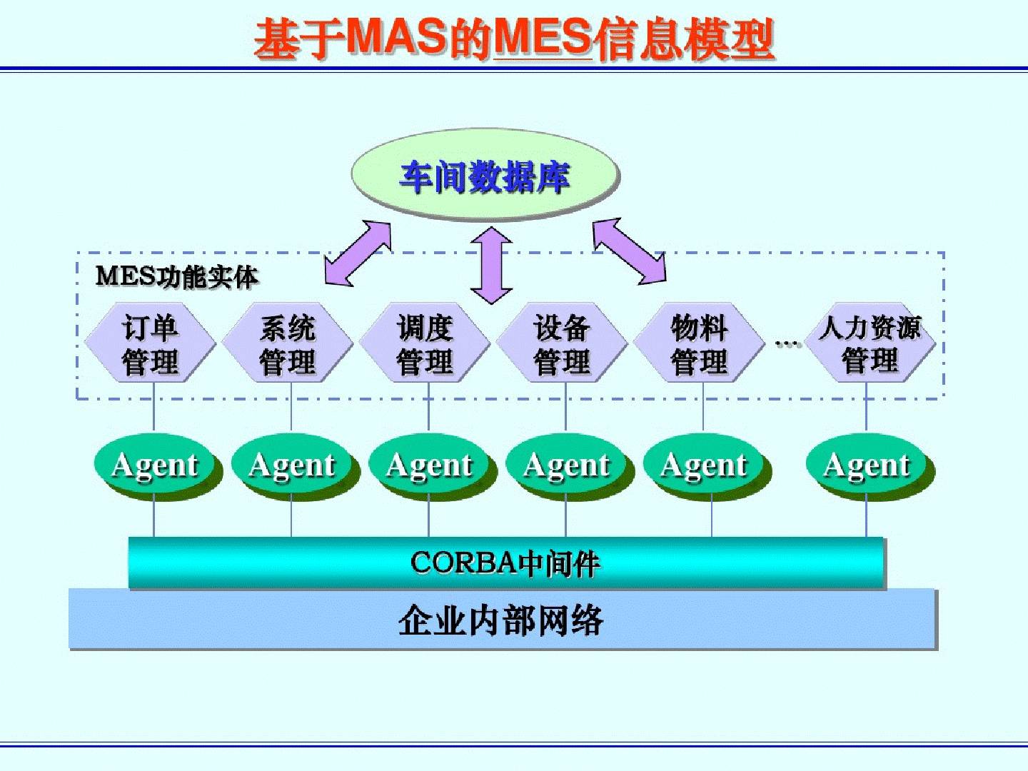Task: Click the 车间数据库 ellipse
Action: (485, 176)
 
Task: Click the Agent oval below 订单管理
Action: (155, 465)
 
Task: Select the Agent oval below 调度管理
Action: (429, 465)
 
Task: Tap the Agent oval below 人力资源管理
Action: (867, 465)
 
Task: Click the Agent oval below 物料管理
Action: (704, 465)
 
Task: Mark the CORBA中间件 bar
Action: (505, 563)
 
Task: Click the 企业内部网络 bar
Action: (501, 619)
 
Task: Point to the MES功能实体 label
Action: (176, 276)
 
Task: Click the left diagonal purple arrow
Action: (358, 253)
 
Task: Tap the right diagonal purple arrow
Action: (629, 251)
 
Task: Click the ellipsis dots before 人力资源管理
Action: (787, 344)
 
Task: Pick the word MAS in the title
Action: (397, 37)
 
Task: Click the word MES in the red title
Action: (543, 37)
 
